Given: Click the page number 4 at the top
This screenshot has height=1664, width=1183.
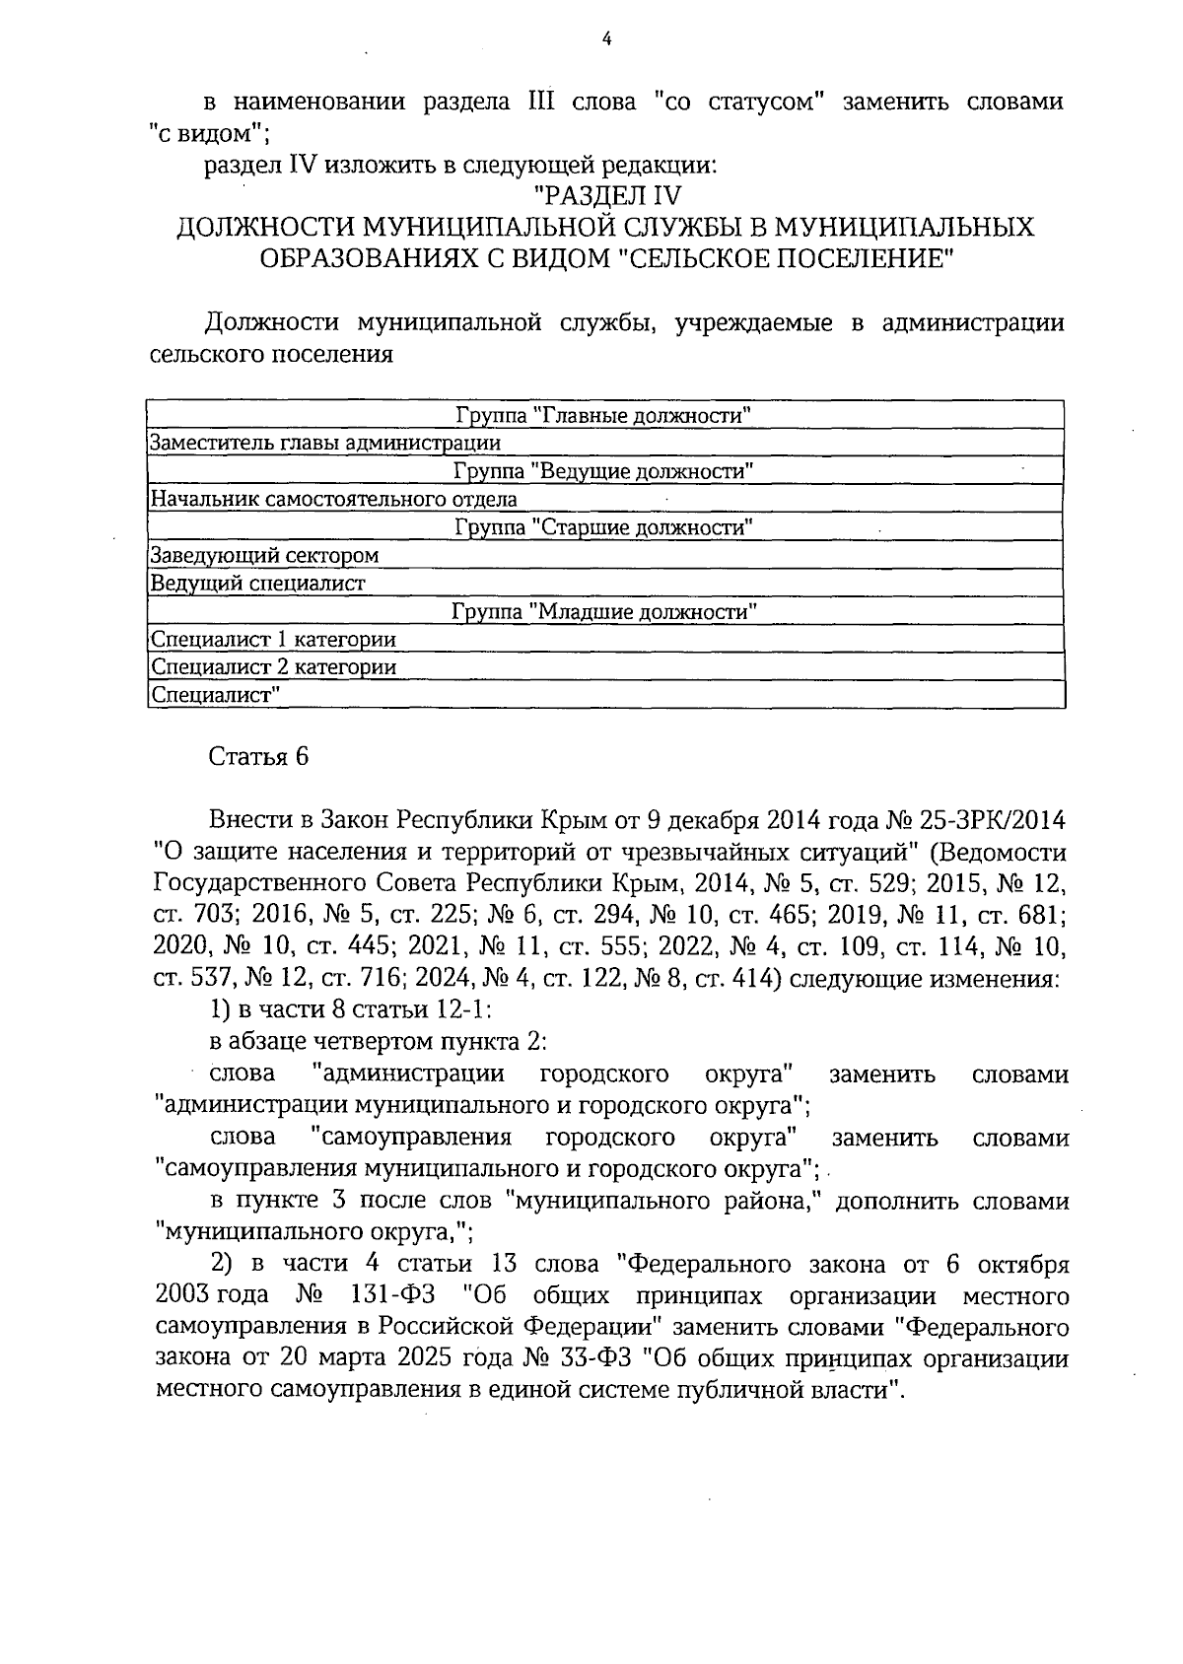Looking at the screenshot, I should (606, 38).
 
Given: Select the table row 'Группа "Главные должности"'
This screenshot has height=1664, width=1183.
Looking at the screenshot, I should (604, 415).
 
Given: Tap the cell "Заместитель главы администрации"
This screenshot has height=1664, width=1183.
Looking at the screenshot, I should (324, 444).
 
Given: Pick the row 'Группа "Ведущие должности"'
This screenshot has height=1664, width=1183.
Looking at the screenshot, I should (604, 471).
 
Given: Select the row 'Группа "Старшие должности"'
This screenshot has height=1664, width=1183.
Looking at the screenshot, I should (604, 527).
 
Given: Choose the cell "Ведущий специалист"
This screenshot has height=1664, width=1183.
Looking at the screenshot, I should (257, 584).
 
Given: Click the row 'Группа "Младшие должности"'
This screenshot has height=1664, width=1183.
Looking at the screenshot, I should (604, 612).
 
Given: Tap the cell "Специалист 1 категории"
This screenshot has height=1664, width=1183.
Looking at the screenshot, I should (273, 640).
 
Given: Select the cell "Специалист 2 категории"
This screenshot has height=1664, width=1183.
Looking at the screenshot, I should (273, 667).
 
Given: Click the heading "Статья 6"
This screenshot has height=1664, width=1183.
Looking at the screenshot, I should (258, 756).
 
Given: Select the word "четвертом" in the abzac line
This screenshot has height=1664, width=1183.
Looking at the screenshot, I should (363, 1042).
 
